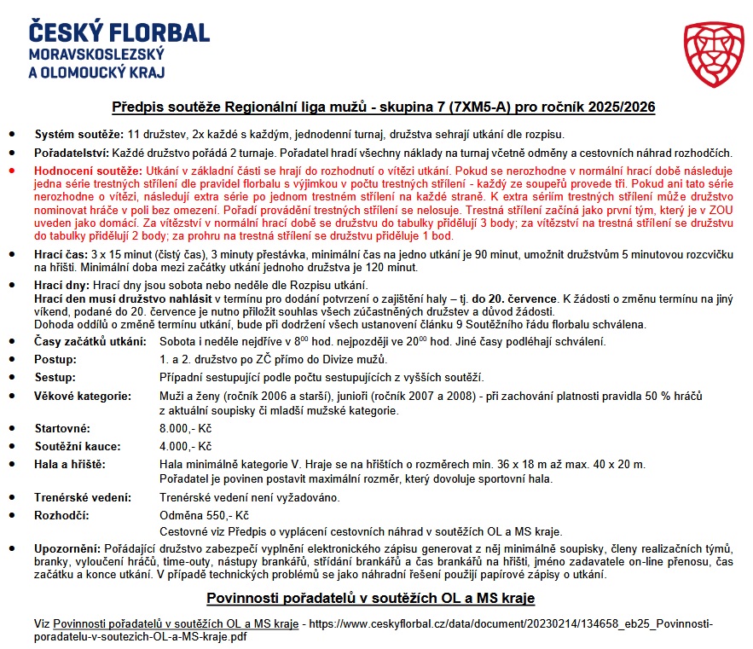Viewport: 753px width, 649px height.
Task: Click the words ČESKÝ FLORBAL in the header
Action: [119, 33]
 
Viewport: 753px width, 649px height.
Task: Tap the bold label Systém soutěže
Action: [79, 136]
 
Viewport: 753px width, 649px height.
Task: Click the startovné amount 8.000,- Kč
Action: [185, 428]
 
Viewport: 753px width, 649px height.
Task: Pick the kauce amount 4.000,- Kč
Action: [185, 446]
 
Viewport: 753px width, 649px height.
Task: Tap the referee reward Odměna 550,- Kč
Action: [204, 515]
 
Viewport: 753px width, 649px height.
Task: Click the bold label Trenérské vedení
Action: [82, 497]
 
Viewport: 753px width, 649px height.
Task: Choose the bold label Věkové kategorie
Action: [82, 397]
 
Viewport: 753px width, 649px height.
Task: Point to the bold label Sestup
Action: [55, 377]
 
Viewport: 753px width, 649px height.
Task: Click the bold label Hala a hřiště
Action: [70, 464]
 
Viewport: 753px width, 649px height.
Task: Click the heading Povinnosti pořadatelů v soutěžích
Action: [371, 598]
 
